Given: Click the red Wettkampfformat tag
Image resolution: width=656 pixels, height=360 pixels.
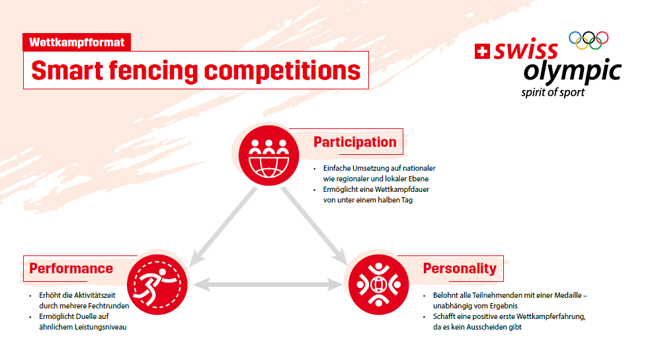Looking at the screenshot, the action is pos(77,42).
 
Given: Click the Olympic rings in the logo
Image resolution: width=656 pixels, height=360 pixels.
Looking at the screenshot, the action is pos(589,40).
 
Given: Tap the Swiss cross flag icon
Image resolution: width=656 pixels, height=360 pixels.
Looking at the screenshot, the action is pos(482,52).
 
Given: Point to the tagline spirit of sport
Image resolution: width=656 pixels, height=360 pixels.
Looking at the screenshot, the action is pos(553,93).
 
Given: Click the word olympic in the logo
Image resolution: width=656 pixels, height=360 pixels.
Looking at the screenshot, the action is pos(572,72).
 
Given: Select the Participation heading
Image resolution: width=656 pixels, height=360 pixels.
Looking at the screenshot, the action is pos(354,142).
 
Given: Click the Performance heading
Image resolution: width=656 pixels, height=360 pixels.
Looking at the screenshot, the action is pos(71,268).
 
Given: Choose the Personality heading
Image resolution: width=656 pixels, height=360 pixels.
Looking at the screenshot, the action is pos(460,268).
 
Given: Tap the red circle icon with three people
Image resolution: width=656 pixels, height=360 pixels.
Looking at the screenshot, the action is pos(269,156).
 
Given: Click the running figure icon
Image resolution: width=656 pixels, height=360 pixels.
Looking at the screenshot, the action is pos(157,285).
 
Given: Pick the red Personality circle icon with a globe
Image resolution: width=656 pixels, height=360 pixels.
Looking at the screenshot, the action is pos(379,285).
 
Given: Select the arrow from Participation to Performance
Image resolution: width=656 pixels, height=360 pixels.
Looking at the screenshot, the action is pos(223,227).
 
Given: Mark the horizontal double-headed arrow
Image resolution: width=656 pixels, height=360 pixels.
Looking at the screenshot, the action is pos(268,285).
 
